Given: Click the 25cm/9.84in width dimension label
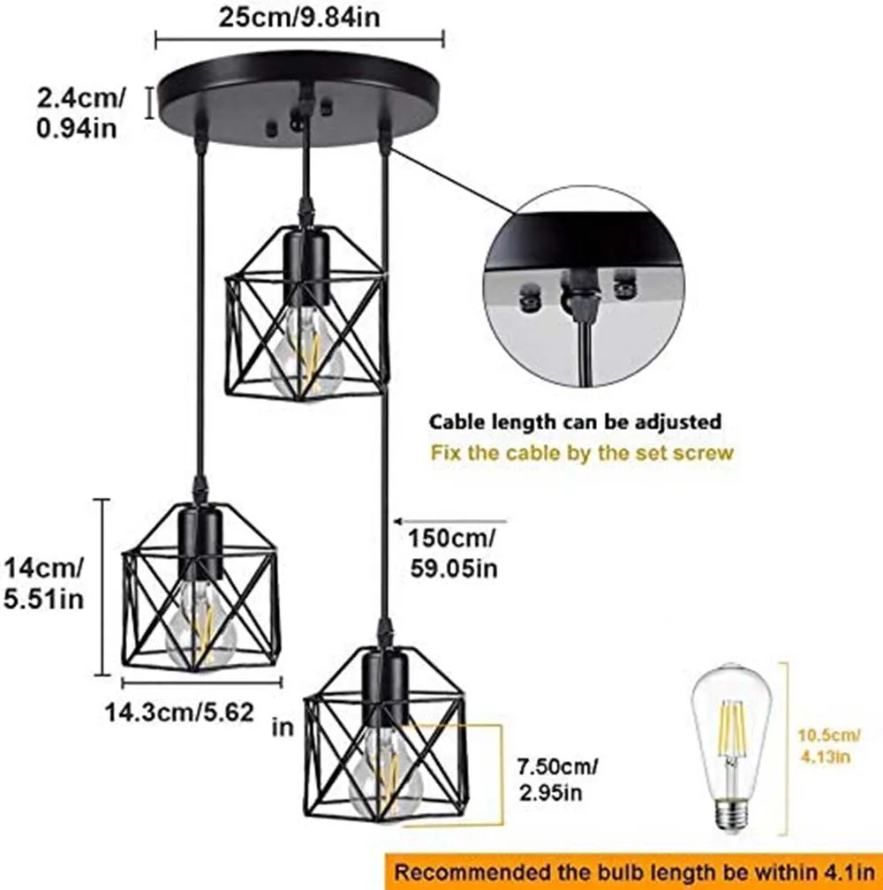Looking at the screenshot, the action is click(301, 17).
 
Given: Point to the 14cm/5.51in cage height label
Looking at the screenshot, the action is click(45, 582).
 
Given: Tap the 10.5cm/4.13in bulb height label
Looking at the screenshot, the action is click(830, 744).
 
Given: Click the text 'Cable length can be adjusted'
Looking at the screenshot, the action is click(576, 422).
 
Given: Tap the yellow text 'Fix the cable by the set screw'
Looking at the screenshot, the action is click(582, 454).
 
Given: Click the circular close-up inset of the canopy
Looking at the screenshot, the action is click(584, 286).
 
